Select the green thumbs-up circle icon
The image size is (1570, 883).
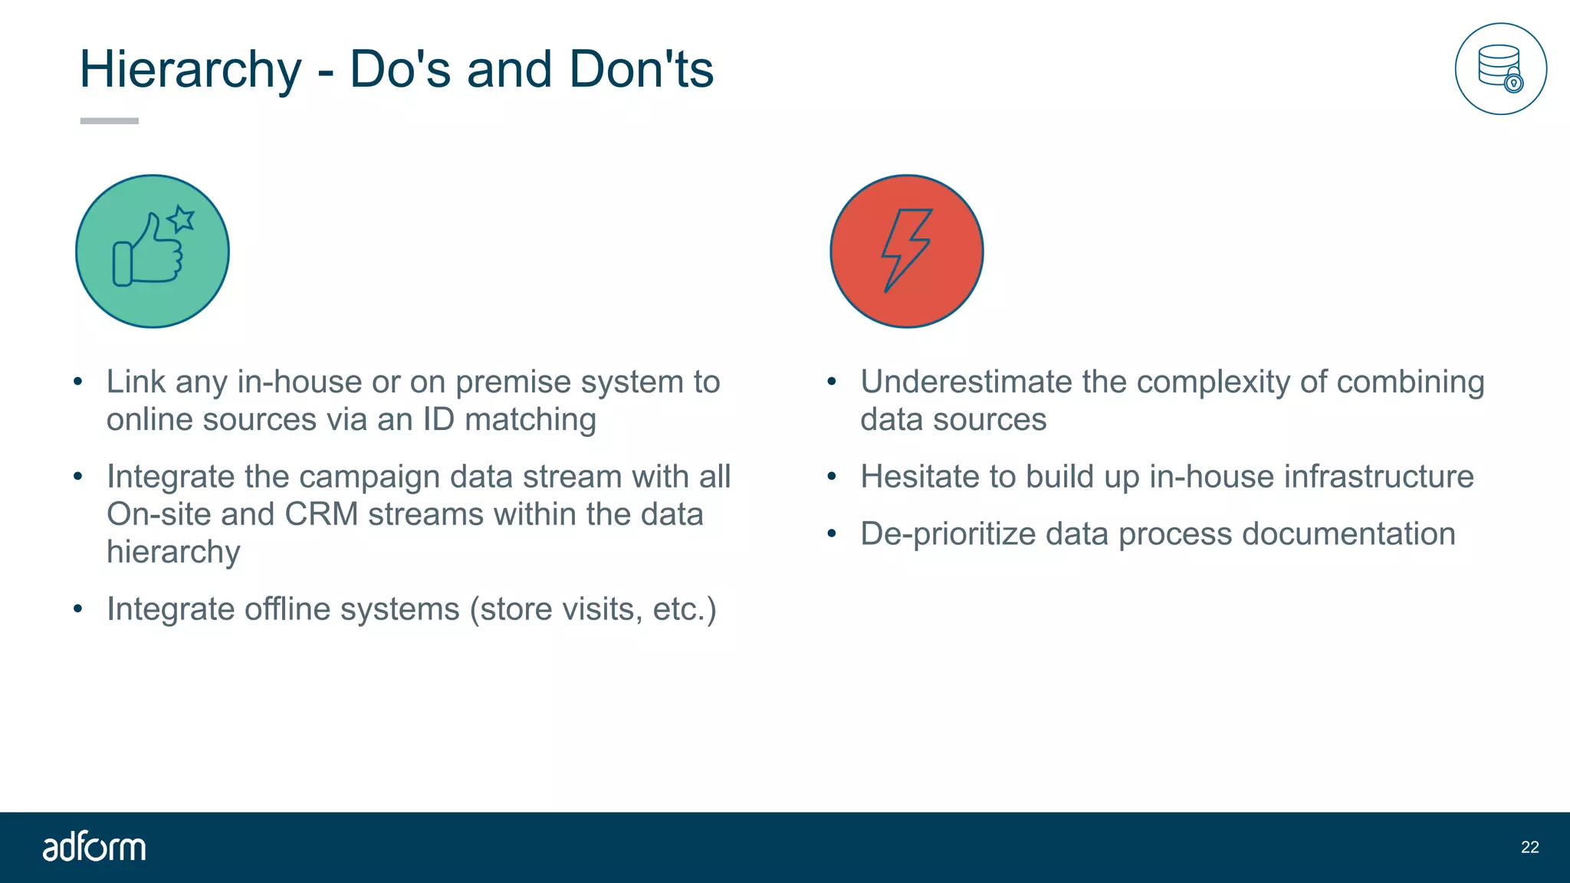153,251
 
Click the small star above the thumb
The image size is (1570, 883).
182,219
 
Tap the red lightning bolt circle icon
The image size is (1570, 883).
907,251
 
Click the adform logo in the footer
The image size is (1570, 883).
94,847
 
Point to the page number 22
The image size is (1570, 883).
1529,847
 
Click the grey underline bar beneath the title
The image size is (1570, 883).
110,121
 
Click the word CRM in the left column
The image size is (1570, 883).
321,514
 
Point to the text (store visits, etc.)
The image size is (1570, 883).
593,609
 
